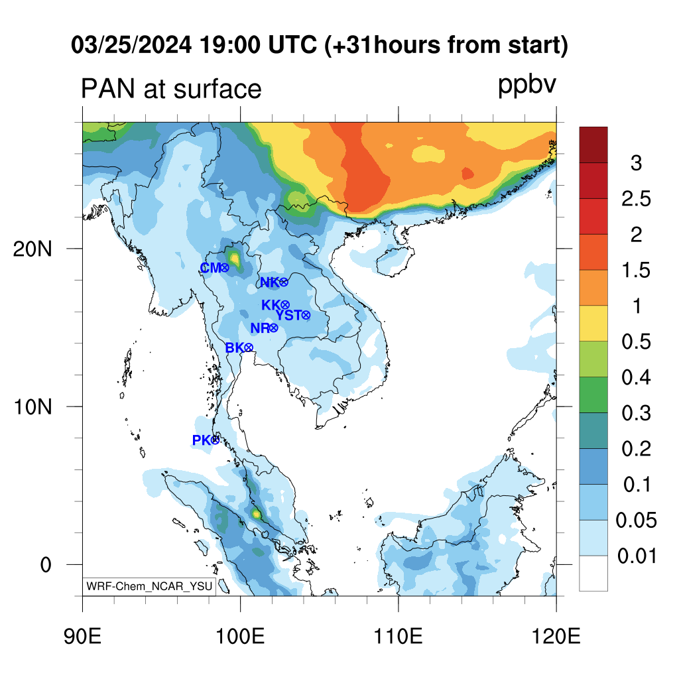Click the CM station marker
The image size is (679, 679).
coord(224,268)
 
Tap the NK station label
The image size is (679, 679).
coord(269,282)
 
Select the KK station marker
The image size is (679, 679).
coord(284,305)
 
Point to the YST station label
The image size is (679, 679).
coord(288,315)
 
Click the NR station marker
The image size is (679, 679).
coord(273,328)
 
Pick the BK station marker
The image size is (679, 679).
coord(249,347)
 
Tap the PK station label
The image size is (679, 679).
coord(201,440)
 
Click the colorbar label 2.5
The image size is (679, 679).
coord(635,199)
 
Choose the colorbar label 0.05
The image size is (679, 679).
coord(636,521)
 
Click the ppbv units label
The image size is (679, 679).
coord(527,86)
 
